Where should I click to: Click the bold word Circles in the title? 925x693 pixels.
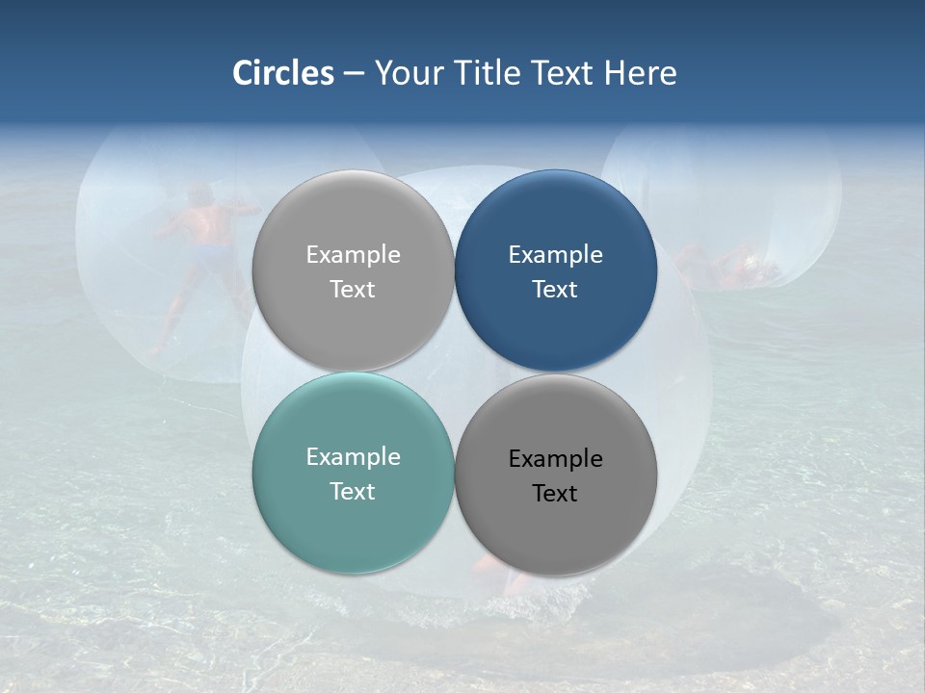coord(283,73)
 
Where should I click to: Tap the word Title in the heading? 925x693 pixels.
coord(489,73)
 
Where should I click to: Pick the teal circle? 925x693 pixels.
coord(353,520)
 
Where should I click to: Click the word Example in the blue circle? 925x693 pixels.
coord(555,255)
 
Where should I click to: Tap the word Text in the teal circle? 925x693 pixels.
coord(353,492)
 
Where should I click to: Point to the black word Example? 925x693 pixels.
coord(555,459)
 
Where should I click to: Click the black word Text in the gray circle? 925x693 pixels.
coord(555,494)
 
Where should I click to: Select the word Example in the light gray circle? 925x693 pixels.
coord(353,255)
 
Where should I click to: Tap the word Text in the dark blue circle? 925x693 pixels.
coord(555,290)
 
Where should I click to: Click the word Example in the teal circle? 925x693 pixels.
coord(353,457)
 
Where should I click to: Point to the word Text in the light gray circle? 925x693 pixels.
coord(353,290)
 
